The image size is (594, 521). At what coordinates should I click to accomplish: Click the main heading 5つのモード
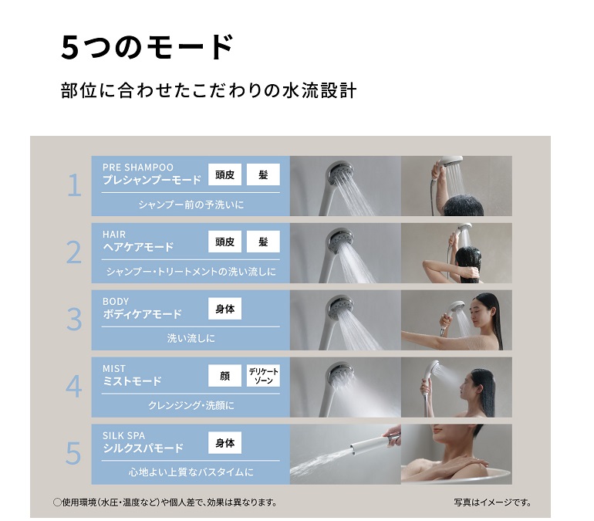click(x=147, y=47)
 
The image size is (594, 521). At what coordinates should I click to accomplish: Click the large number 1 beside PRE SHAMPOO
click(x=74, y=185)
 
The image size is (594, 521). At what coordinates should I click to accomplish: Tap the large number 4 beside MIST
click(x=74, y=387)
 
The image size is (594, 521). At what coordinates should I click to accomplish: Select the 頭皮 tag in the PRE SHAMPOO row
click(x=224, y=174)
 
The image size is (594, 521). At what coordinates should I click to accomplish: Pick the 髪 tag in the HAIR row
click(x=263, y=242)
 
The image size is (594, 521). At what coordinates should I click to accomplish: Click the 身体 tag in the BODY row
click(x=224, y=309)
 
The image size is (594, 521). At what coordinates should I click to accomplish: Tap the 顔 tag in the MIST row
click(x=224, y=376)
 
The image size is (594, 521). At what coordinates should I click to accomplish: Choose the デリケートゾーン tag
click(x=263, y=376)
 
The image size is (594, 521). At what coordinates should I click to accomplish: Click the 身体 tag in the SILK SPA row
click(x=224, y=443)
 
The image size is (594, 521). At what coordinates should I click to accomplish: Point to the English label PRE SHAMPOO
click(x=138, y=167)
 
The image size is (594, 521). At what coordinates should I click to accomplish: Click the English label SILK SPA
click(x=123, y=436)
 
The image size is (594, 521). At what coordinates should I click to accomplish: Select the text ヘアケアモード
click(x=138, y=247)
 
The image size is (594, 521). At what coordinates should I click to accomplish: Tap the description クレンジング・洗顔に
click(x=191, y=405)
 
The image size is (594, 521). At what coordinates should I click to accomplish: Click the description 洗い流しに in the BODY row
click(x=191, y=338)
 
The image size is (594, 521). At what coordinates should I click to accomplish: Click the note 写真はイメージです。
click(x=492, y=502)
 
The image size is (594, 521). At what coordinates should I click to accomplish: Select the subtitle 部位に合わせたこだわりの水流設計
click(x=209, y=91)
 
